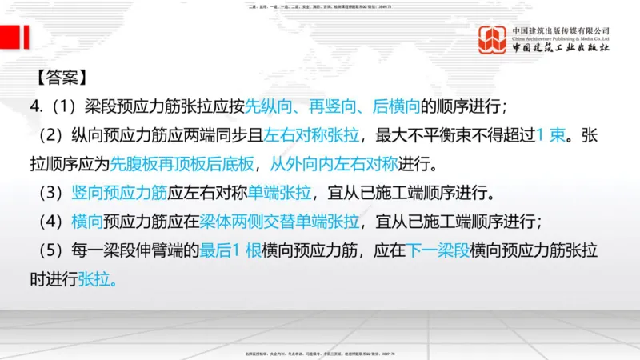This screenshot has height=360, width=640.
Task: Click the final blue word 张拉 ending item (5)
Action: pos(103,280)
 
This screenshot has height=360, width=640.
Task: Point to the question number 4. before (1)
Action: pos(35,106)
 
